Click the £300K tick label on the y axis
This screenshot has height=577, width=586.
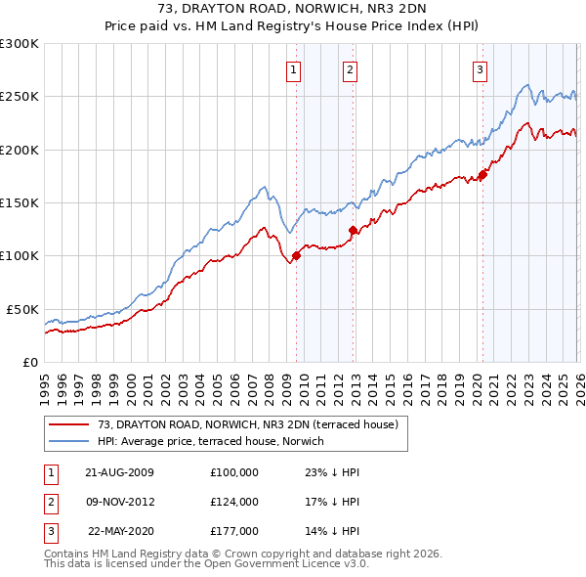click(x=20, y=44)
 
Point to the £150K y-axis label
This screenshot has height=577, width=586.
click(x=20, y=202)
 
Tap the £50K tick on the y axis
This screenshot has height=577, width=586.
click(x=22, y=309)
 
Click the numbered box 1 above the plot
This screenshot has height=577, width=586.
click(x=294, y=69)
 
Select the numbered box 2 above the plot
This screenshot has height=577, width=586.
click(x=350, y=69)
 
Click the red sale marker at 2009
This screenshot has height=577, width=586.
click(x=296, y=256)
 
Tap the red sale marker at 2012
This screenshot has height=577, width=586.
click(x=353, y=231)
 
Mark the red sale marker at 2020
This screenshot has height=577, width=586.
click(x=482, y=176)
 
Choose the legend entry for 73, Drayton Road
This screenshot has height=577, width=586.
click(x=247, y=425)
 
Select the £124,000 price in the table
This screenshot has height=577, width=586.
click(x=234, y=502)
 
